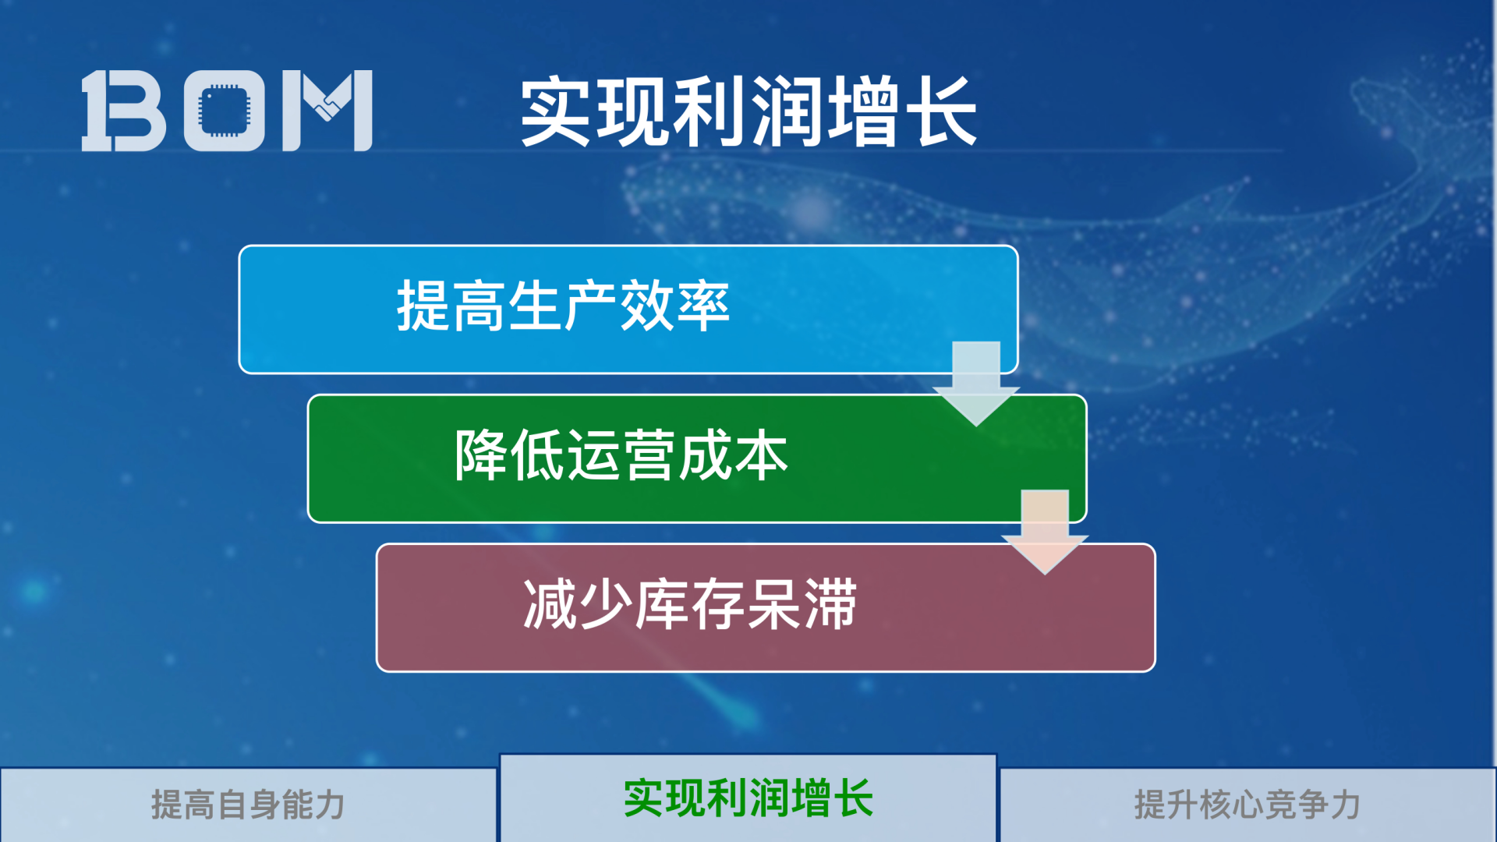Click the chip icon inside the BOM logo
(225, 110)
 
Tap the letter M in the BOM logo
(327, 110)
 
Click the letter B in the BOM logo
(125, 110)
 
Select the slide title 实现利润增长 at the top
(748, 111)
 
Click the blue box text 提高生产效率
(563, 306)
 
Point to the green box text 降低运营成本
(621, 455)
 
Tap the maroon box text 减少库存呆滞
(689, 604)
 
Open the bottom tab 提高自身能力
(248, 805)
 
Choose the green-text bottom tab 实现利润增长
(748, 798)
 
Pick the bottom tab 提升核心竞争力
(1247, 805)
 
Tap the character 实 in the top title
(555, 111)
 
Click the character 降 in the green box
(481, 455)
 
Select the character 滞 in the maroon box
(830, 604)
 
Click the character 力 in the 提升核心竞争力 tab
(1346, 805)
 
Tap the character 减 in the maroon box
(549, 604)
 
